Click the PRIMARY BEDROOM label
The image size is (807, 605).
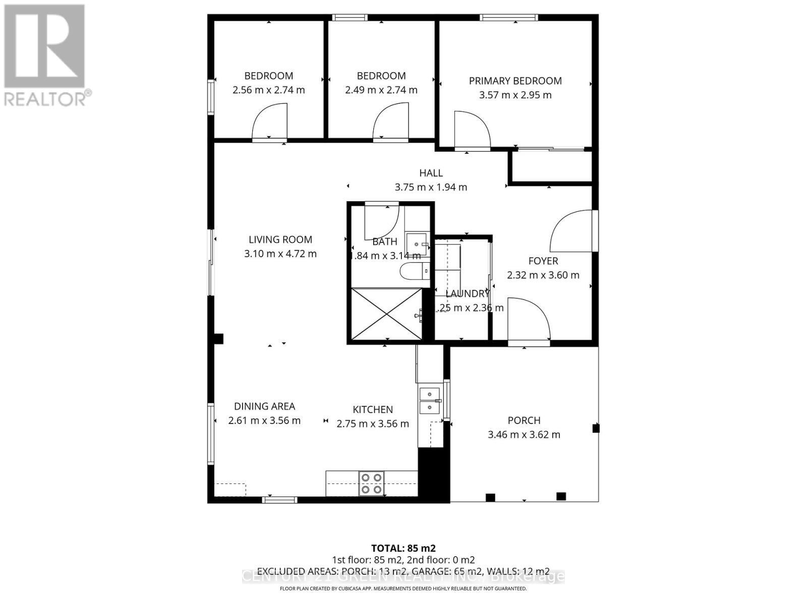pos(515,81)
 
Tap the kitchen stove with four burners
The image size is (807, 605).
pos(371,483)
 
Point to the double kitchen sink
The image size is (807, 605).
pos(429,400)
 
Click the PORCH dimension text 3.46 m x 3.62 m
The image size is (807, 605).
pos(524,435)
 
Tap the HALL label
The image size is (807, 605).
pos(431,173)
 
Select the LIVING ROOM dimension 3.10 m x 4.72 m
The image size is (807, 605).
pos(280,254)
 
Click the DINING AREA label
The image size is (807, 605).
pos(264,406)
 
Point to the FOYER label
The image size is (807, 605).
pos(543,261)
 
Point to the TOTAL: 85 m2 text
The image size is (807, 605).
pos(403,548)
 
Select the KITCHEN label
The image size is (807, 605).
pos(373,410)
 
